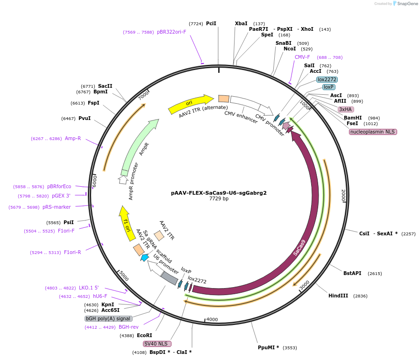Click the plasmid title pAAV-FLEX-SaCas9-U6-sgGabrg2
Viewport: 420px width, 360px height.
point(219,192)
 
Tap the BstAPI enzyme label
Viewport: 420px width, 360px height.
point(352,273)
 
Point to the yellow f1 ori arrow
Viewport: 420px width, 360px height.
point(126,225)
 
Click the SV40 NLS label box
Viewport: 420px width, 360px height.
point(155,344)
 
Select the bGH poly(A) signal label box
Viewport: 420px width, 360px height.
point(108,318)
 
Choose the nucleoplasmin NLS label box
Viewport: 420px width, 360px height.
point(373,132)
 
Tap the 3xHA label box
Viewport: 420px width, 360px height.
point(346,109)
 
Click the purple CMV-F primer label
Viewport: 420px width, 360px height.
point(302,57)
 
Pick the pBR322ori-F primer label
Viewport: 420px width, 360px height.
point(171,32)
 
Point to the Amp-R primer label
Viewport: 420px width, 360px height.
point(73,138)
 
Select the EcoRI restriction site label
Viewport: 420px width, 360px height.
point(144,335)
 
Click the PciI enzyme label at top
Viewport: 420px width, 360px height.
point(211,23)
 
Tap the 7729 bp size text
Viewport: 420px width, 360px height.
point(219,199)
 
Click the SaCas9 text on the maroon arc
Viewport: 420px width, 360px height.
point(299,247)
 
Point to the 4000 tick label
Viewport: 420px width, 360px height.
point(212,319)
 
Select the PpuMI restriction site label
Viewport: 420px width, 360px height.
point(268,347)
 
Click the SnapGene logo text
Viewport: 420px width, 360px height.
point(407,4)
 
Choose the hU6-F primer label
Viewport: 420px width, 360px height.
point(100,296)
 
